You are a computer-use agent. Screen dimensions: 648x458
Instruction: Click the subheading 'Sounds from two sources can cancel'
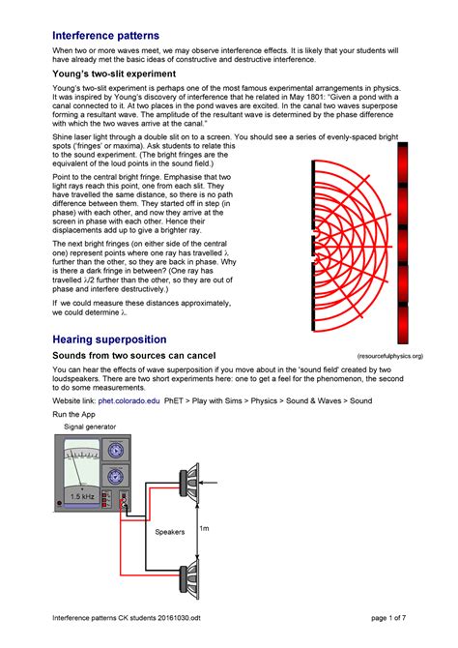click(140, 357)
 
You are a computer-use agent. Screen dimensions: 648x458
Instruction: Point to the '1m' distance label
click(204, 529)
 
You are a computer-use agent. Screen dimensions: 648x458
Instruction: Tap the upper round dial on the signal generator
click(117, 451)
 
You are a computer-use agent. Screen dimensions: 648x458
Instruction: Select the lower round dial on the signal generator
click(117, 476)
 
